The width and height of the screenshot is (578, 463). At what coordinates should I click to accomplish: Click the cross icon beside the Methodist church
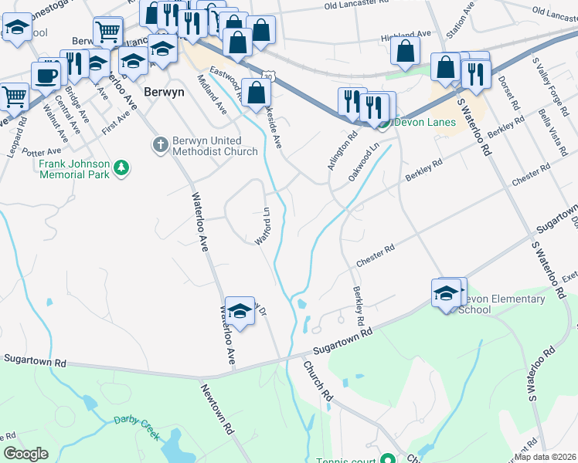tap(160, 144)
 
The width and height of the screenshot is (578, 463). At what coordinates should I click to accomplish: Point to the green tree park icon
tap(121, 167)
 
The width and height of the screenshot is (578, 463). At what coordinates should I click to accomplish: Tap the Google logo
tap(26, 454)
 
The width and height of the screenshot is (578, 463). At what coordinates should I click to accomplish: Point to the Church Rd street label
tap(318, 381)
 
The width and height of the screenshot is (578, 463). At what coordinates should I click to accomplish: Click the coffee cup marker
tap(46, 76)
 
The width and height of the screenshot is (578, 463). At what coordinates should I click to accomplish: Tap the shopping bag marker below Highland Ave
tap(405, 52)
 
